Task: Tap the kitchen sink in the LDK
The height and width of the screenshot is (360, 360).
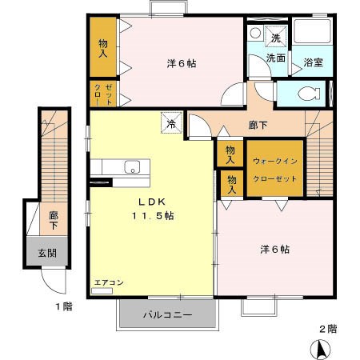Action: pyautogui.click(x=132, y=167)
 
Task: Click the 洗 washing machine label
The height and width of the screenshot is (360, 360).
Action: pyautogui.click(x=275, y=38)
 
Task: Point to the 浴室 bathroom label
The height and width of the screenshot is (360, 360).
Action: pyautogui.click(x=313, y=62)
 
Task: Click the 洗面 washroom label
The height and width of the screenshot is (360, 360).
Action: pyautogui.click(x=276, y=58)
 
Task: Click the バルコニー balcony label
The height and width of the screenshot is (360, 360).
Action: pyautogui.click(x=167, y=315)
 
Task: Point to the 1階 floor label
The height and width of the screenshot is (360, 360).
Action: pyautogui.click(x=64, y=306)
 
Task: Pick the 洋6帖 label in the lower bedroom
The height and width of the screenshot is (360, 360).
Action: pyautogui.click(x=274, y=249)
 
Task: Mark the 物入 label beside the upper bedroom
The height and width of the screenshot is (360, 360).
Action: pyautogui.click(x=103, y=48)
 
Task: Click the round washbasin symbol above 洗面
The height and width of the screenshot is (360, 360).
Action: pyautogui.click(x=254, y=33)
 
